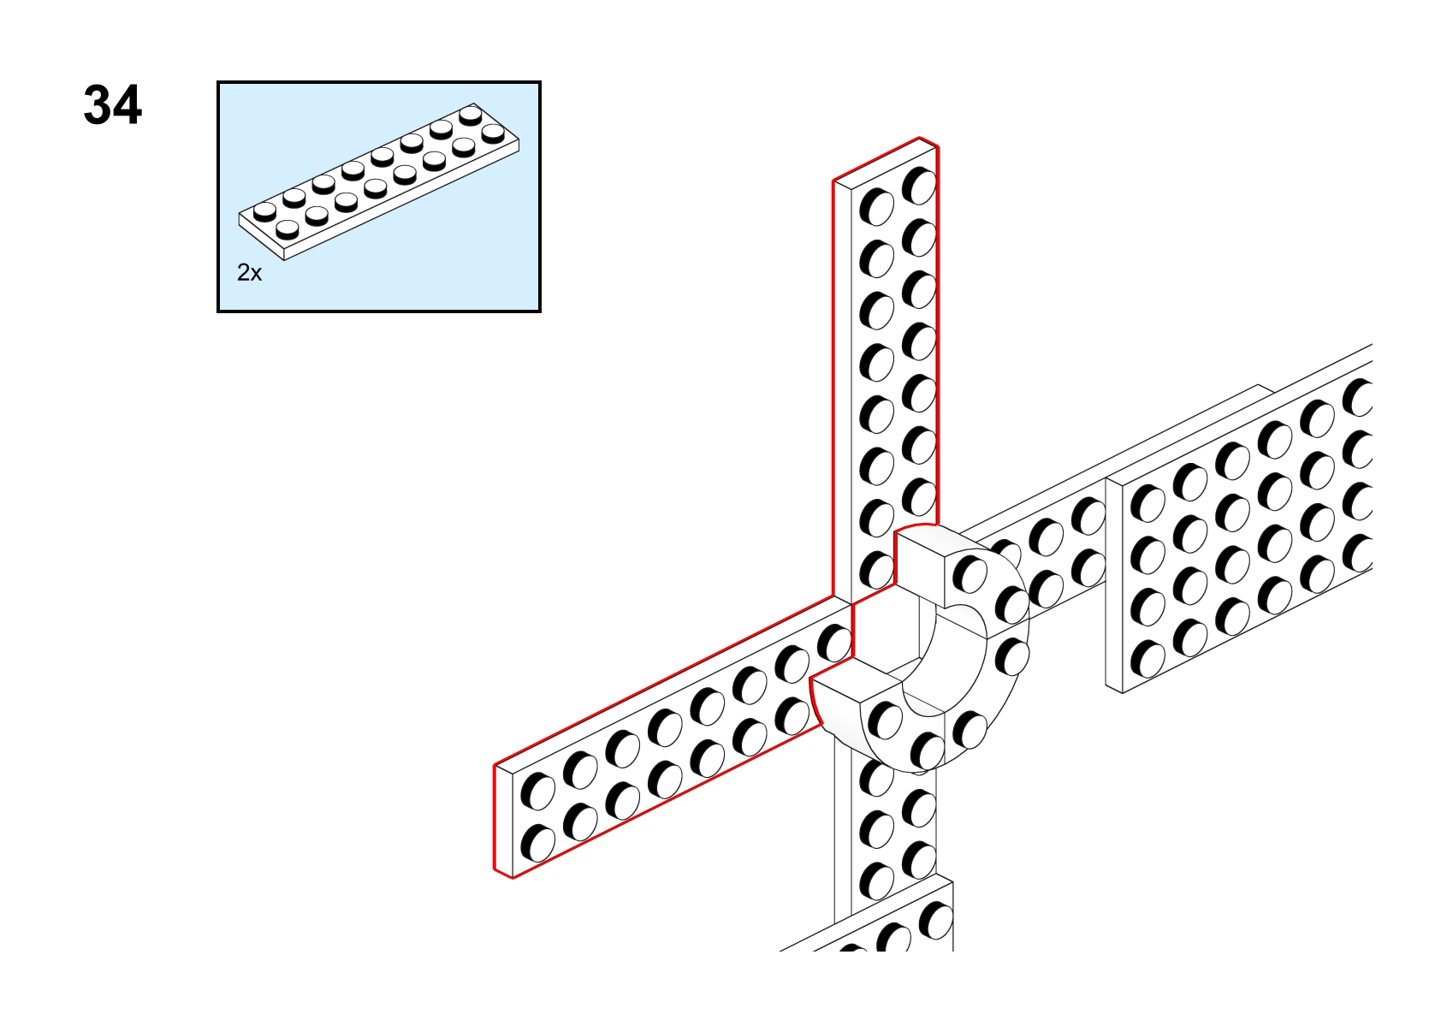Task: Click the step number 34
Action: point(113,105)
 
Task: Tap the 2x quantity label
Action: point(250,273)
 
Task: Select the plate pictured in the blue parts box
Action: point(379,181)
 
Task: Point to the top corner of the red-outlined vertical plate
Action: point(920,138)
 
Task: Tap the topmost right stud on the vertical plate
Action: point(919,185)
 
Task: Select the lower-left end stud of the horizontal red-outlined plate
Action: point(537,845)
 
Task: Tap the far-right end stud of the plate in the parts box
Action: point(492,133)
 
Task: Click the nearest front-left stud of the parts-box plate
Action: point(287,229)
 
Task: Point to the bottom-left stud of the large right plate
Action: point(1147,660)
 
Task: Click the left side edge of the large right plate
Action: point(1113,585)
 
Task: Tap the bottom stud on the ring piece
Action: point(927,751)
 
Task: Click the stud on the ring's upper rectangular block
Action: point(970,574)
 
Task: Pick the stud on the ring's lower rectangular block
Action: point(885,721)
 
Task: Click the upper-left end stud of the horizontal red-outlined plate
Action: point(537,792)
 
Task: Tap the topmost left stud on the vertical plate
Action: point(877,207)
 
